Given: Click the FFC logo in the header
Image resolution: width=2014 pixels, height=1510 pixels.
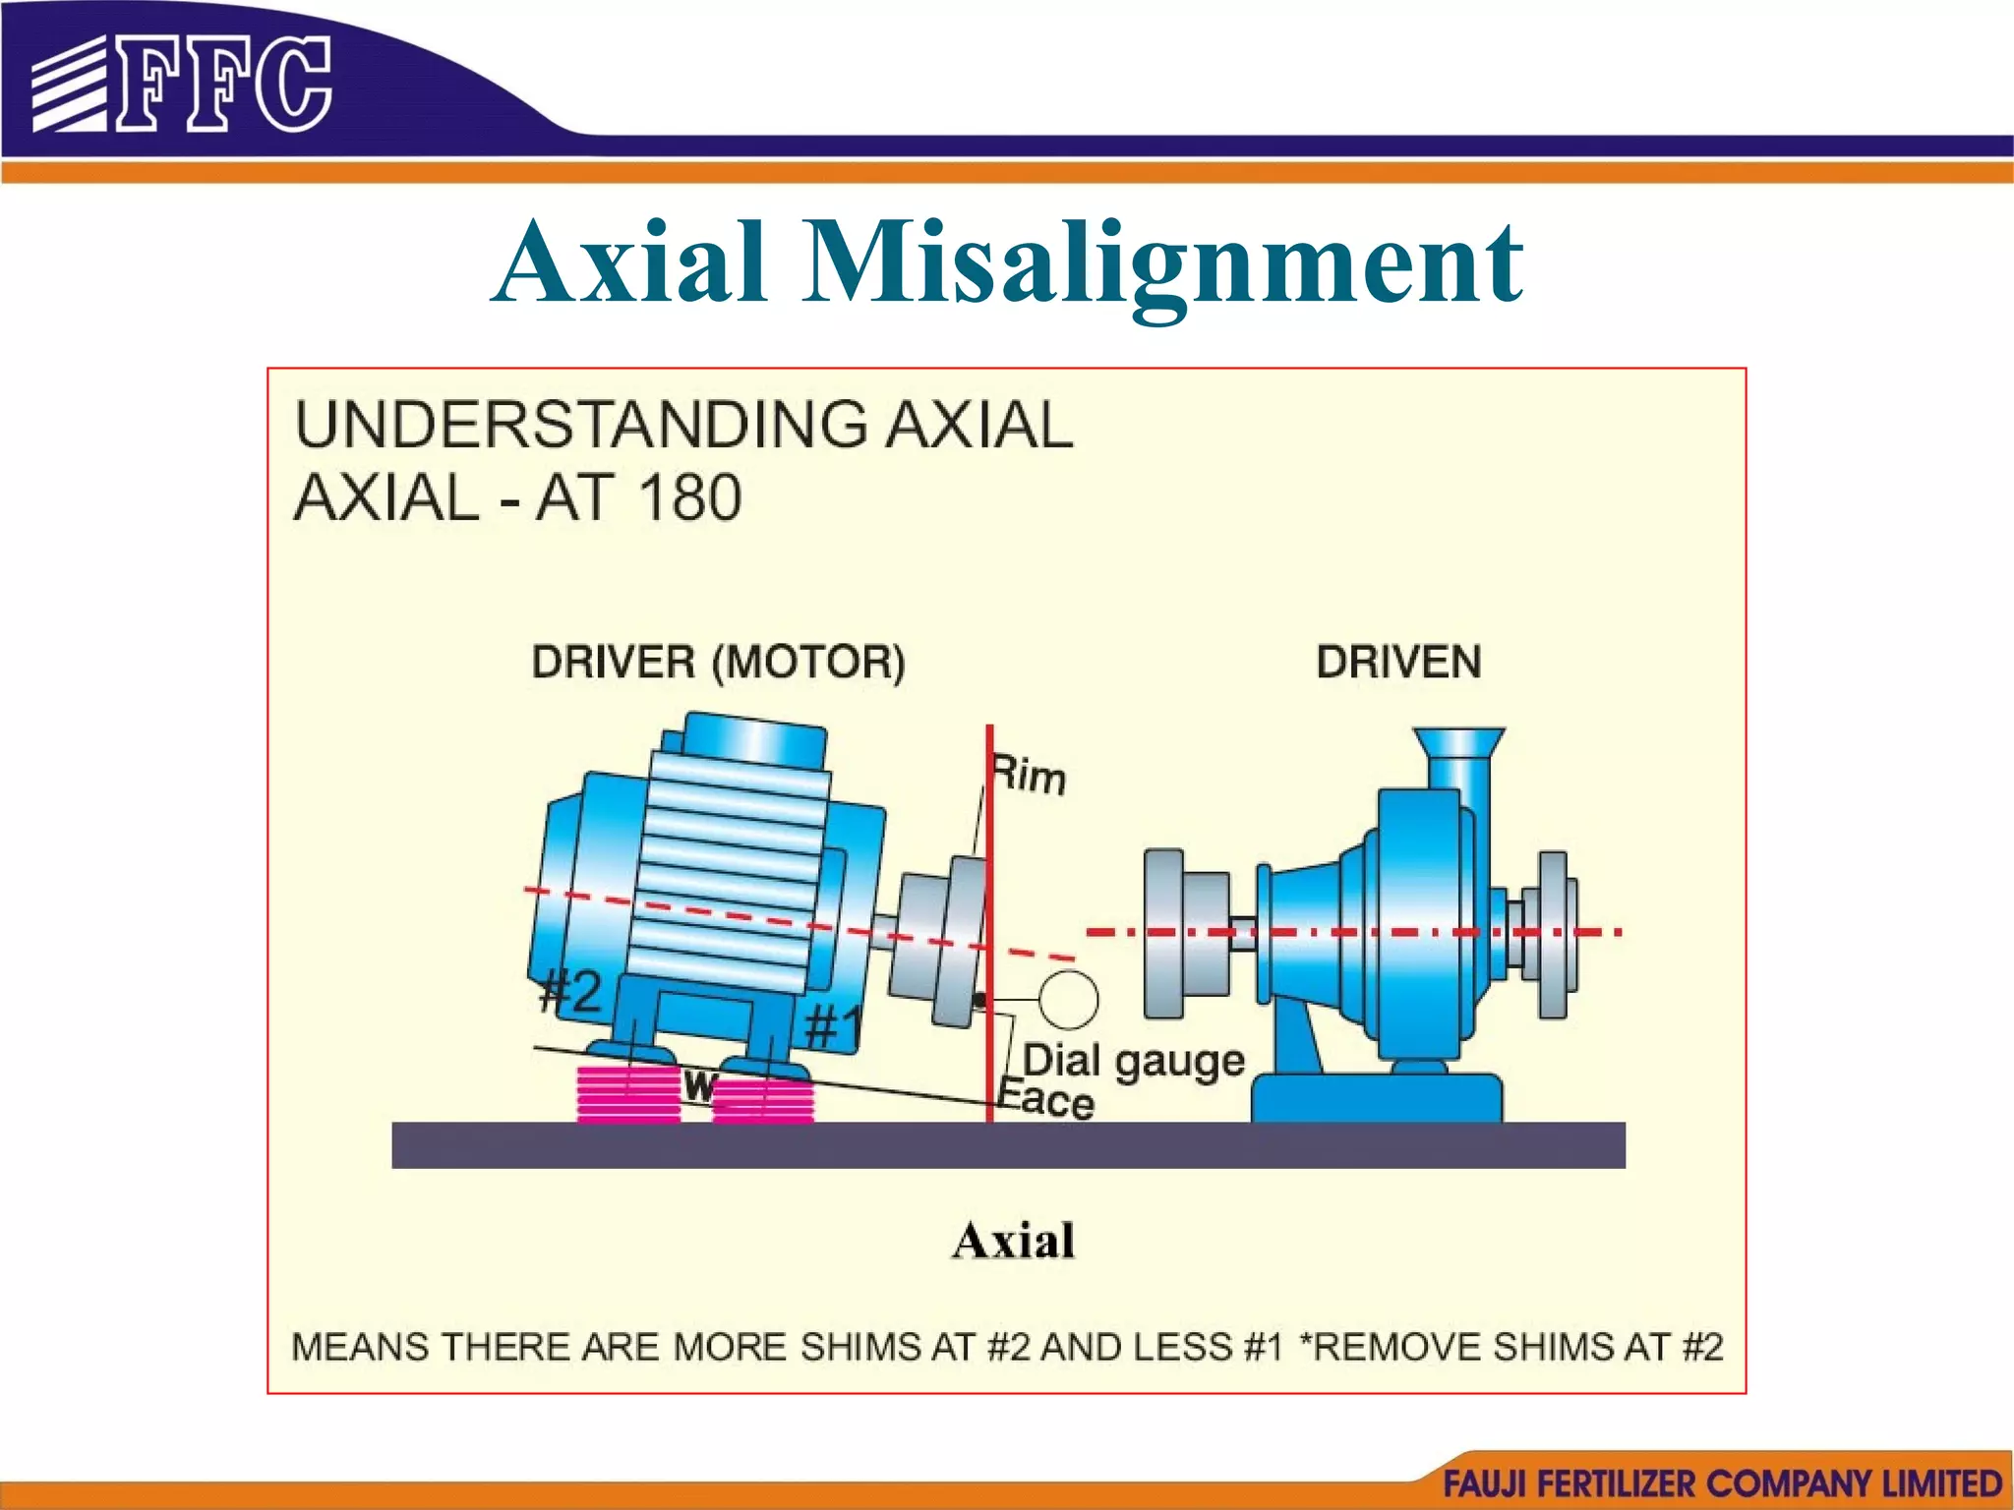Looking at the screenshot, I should tap(182, 84).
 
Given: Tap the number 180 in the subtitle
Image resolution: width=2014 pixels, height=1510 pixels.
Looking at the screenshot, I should tap(688, 497).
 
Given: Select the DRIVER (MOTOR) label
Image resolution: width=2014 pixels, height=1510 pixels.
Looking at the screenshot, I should tap(718, 663).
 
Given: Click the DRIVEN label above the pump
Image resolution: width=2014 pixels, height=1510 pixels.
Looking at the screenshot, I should tap(1398, 663).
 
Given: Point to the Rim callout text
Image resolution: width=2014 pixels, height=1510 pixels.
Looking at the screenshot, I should tap(1029, 775).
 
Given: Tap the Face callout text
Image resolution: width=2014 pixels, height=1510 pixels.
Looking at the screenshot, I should tap(1046, 1099).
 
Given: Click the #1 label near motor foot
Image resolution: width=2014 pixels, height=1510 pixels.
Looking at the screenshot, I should tap(832, 1028).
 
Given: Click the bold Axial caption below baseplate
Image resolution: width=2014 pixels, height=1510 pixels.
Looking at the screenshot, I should tap(1013, 1241).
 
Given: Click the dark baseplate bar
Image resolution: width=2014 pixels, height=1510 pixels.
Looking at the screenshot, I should tap(1008, 1145).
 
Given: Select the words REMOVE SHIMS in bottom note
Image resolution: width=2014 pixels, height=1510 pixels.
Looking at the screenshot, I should tap(1465, 1347).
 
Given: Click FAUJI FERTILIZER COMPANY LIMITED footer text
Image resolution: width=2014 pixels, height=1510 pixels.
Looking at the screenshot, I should tap(1722, 1483).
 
